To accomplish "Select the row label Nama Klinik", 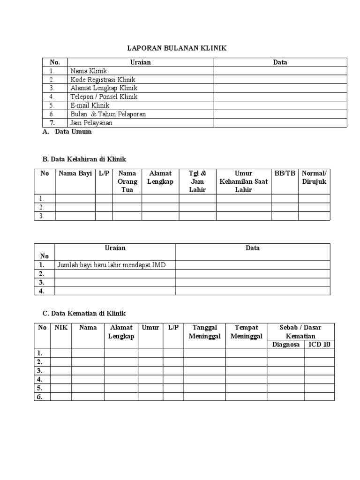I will coord(89,71).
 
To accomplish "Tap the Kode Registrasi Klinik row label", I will coord(103,80).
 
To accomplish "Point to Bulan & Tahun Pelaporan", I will coord(108,114).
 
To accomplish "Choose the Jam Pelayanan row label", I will coord(91,123).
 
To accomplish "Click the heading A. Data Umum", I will coord(67,132).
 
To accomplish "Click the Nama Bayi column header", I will coord(75,173).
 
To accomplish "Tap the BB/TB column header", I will coord(285,173).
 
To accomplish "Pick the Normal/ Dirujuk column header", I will coord(314,178).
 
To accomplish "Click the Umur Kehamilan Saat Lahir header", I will coord(243,181).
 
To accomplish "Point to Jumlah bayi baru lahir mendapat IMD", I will coord(112,265).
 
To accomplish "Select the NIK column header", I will coord(61,328).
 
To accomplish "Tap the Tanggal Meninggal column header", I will coord(204,332).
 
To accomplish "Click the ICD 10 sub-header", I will coord(319,345).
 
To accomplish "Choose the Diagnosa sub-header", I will coord(285,345).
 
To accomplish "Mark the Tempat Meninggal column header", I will coord(246,332).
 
